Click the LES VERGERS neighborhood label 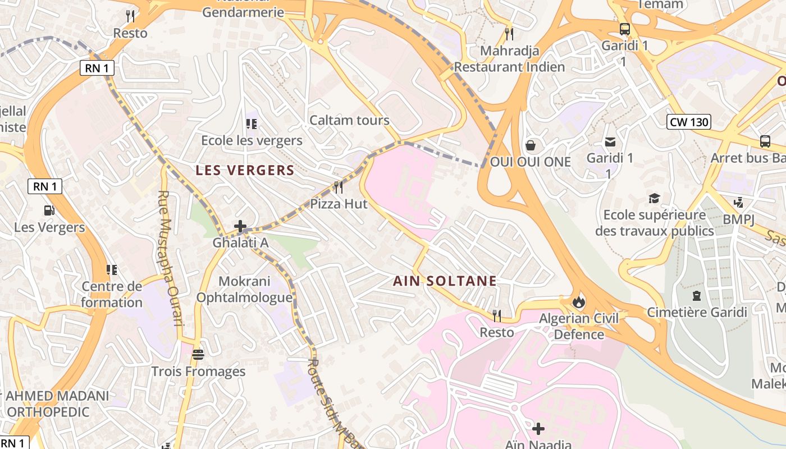coord(245,171)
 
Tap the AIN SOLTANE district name coord(445,281)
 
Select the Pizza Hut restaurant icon coord(339,187)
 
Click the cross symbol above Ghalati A coord(240,227)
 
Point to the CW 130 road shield coord(689,122)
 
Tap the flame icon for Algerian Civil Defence coord(578,302)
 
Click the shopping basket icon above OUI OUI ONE coord(530,146)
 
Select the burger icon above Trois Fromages coord(198,355)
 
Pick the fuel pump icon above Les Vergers coord(49,210)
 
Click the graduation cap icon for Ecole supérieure coord(654,198)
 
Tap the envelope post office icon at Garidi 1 coord(610,142)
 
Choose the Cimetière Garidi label coord(697,312)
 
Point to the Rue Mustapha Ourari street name coord(170,258)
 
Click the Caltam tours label coord(349,120)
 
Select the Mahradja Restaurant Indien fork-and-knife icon coord(509,34)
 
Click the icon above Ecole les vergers coord(252,123)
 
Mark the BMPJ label coord(739,219)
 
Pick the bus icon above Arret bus coord(765,141)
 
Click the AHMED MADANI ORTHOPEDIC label coord(56,404)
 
